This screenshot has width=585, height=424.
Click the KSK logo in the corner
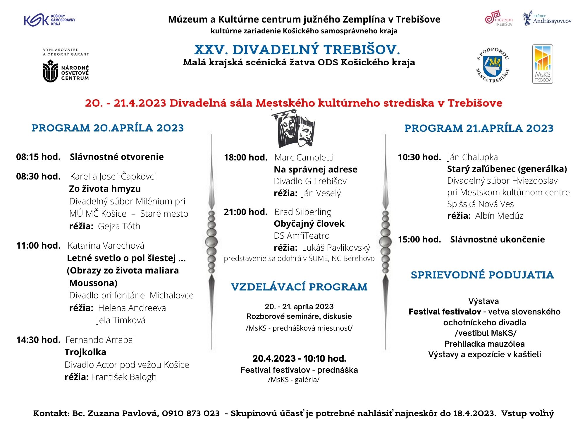(49, 20)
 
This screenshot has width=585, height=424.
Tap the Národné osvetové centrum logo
(66, 71)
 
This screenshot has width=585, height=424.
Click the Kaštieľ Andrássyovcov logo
(547, 19)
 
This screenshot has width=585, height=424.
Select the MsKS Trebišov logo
(543, 64)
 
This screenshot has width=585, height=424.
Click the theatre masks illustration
(293, 129)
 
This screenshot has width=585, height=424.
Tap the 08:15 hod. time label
(38, 157)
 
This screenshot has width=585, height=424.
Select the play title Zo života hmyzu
(105, 189)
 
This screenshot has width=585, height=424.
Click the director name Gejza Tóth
(119, 226)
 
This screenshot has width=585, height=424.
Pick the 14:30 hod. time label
(38, 340)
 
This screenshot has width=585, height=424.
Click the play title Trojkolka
(85, 352)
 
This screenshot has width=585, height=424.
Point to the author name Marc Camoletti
(304, 158)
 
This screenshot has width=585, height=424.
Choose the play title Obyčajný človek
(309, 224)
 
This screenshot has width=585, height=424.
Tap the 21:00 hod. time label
(246, 212)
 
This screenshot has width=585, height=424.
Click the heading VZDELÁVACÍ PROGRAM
(299, 287)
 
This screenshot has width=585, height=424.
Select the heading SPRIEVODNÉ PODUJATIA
(482, 275)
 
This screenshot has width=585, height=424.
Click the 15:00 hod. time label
(419, 240)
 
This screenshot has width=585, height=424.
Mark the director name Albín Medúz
(499, 216)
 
